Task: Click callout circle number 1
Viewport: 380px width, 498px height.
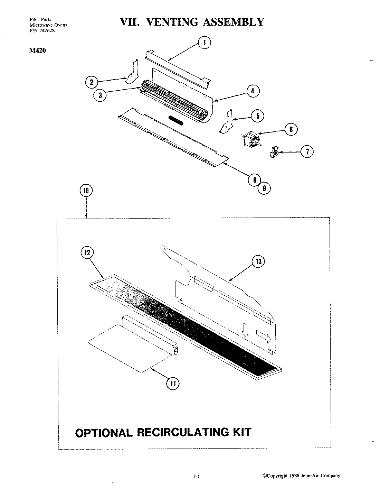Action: point(205,43)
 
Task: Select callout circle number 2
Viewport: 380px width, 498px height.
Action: point(92,82)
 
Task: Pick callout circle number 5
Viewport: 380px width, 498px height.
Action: point(257,116)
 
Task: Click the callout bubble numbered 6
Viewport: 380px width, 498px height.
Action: point(291,129)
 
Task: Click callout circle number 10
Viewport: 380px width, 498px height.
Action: point(86,190)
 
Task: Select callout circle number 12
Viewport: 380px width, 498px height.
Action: point(87,253)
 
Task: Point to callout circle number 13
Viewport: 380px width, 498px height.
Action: point(258,261)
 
